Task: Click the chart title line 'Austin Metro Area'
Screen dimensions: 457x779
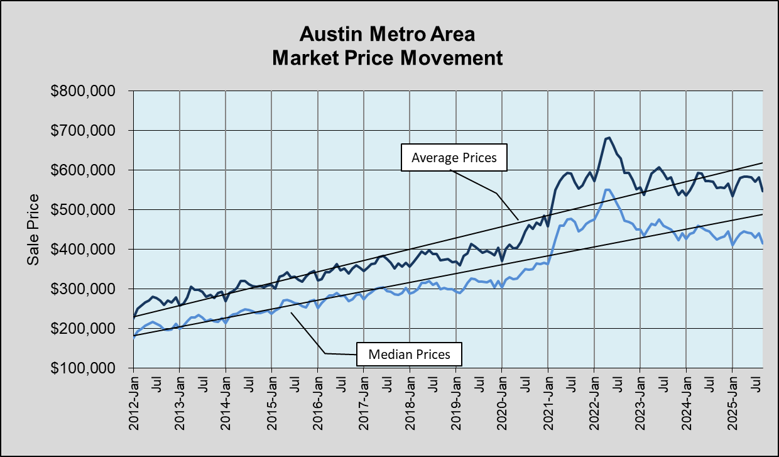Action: [387, 33]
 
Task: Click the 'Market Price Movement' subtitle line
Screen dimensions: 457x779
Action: [387, 58]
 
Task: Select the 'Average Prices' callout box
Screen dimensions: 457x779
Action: [454, 158]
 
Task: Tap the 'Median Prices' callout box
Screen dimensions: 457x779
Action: [409, 355]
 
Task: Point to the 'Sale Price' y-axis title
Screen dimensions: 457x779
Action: [33, 229]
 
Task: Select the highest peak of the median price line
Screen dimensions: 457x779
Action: [607, 189]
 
